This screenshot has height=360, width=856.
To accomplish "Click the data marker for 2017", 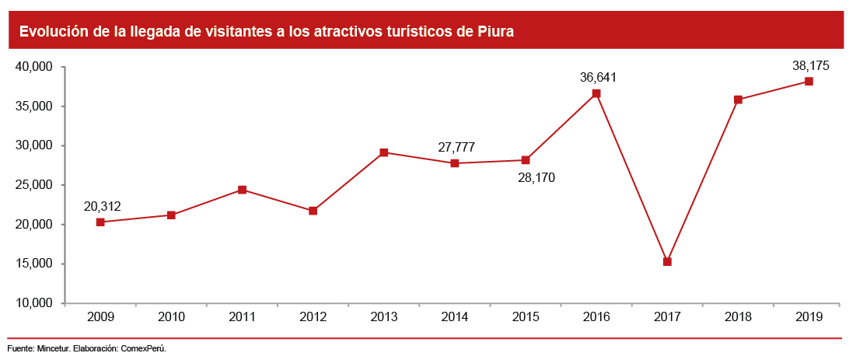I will (667, 261).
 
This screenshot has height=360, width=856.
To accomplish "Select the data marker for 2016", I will (596, 93).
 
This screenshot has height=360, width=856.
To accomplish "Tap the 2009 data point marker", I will (100, 222).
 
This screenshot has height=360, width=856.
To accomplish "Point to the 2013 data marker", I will (384, 152).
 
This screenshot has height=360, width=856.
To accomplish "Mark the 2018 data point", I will (738, 100).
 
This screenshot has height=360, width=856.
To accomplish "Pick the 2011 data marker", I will (242, 190).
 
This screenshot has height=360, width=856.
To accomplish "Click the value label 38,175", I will (810, 66).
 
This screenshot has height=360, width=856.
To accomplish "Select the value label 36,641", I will (598, 77).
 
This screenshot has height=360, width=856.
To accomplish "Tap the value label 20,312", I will (102, 206).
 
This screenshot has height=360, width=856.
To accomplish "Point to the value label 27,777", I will (456, 147).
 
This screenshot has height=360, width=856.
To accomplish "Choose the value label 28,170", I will (536, 177).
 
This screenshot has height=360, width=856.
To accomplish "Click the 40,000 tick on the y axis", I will (33, 67).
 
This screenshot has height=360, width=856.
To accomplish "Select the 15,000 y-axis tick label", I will (33, 264).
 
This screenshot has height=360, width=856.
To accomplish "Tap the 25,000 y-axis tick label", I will (33, 185).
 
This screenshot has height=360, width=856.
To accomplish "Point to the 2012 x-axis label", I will (313, 316).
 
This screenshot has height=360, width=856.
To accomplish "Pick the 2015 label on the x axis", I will (526, 316).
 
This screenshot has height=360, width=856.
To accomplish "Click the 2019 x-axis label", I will (809, 316).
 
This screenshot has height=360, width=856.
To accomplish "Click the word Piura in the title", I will (495, 32).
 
